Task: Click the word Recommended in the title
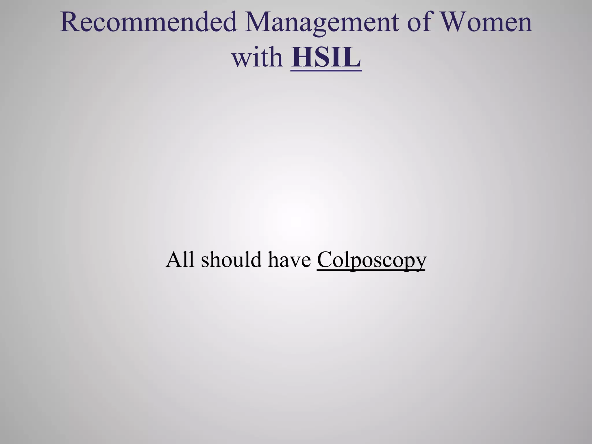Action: (149, 23)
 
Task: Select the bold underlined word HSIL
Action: (326, 56)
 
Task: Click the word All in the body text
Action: (180, 259)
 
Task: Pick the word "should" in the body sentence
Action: (231, 259)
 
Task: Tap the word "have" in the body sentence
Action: (289, 259)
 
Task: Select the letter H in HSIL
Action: (302, 56)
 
